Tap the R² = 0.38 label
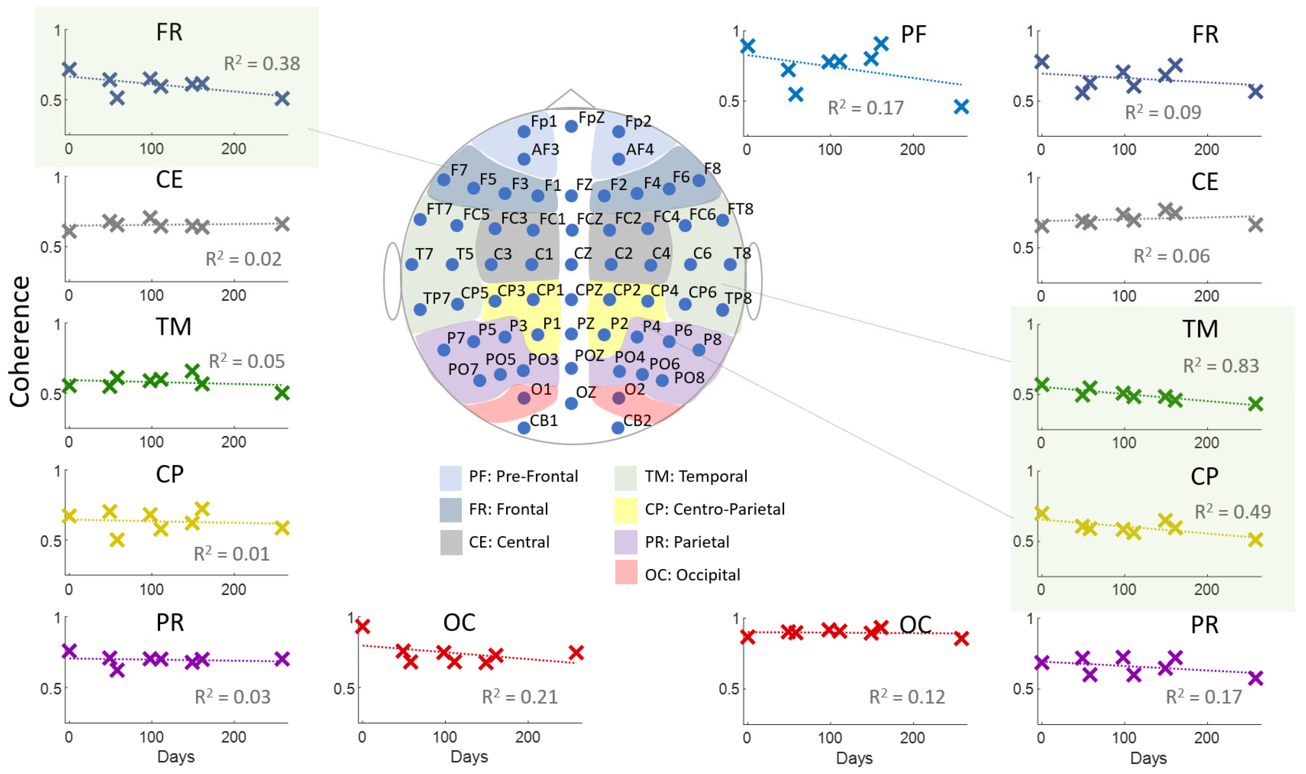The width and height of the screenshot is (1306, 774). tap(262, 63)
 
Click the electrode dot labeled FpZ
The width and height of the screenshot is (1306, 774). tap(571, 126)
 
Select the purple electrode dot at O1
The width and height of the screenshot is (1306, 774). tap(524, 398)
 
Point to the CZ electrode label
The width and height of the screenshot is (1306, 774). tap(583, 254)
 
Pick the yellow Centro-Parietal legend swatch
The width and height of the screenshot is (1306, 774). tap(625, 510)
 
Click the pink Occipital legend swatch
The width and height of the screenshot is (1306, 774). tap(625, 572)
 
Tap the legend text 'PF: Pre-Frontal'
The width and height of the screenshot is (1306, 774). tap(523, 476)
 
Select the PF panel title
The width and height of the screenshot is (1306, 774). tap(913, 35)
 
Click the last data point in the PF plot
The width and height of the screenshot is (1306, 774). tap(961, 107)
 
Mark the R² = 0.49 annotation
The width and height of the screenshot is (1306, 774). tap(1232, 511)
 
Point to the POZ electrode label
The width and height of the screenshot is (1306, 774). tap(589, 356)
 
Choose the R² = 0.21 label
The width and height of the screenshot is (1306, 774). tap(520, 696)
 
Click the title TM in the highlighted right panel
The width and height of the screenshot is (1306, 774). tap(1200, 329)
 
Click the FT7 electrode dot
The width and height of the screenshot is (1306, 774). tap(420, 219)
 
